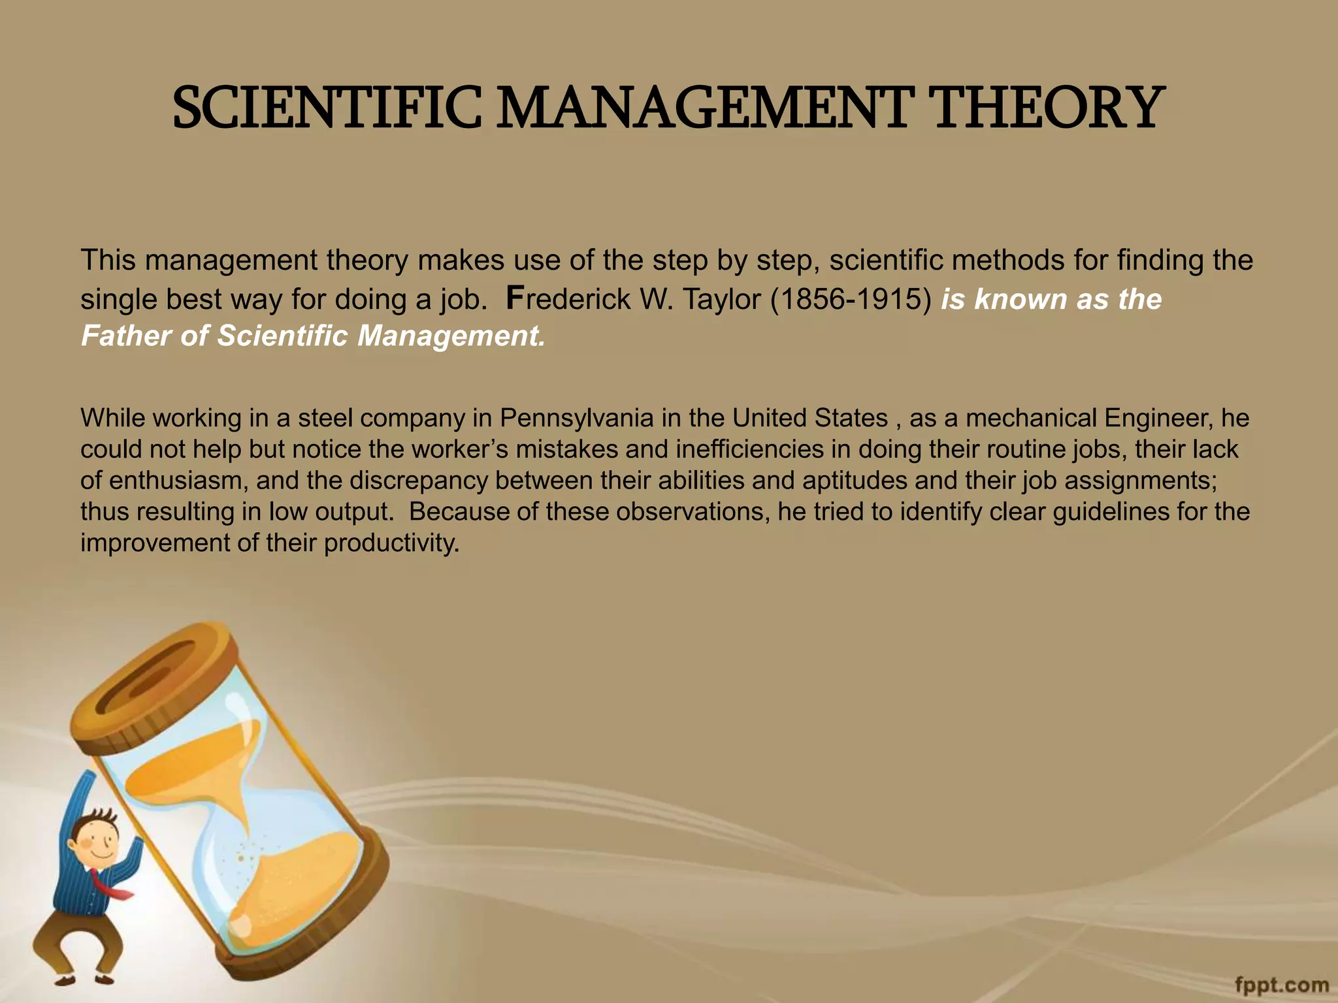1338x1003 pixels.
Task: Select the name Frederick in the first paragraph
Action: (x=568, y=299)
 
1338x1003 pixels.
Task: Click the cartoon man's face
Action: (x=98, y=842)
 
